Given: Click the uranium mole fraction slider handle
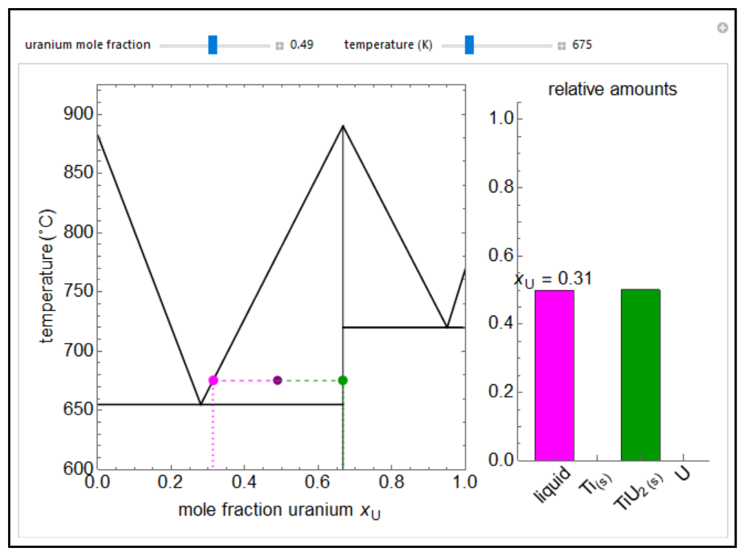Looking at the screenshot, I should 212,45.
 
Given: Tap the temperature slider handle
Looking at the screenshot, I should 469,45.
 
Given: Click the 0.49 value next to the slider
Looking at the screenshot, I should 302,45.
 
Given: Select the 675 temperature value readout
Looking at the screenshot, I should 582,45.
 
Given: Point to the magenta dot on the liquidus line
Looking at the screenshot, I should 213,380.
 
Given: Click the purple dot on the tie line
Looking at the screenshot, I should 278,380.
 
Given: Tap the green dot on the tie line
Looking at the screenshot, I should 343,380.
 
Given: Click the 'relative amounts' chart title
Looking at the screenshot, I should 612,90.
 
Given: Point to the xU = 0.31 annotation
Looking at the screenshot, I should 553,279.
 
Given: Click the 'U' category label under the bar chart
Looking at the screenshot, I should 683,473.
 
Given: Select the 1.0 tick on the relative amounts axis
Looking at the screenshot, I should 501,119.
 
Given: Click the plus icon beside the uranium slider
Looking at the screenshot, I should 279,46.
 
